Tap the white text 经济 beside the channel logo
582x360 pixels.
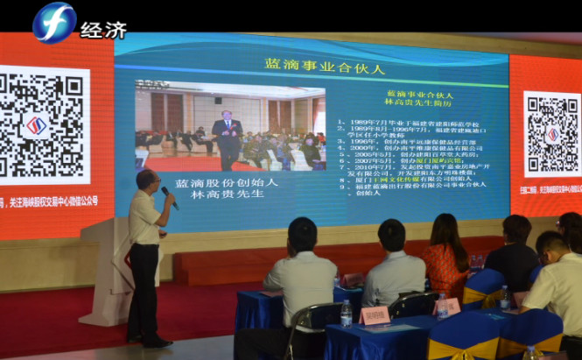pyautogui.click(x=103, y=29)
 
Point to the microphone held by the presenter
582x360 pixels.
pyautogui.click(x=168, y=197)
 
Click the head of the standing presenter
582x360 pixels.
pyautogui.click(x=148, y=181)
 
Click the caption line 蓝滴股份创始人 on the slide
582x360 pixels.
pyautogui.click(x=227, y=182)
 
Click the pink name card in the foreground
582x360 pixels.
pyautogui.click(x=375, y=314)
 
